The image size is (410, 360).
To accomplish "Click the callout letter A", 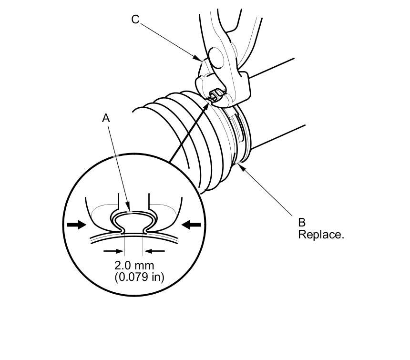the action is [x=106, y=118].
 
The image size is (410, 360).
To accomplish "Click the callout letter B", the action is [x=302, y=222].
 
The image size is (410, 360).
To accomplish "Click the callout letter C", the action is [x=135, y=20].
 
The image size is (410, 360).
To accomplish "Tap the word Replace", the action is [x=321, y=235].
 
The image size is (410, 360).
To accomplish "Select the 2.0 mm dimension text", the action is [x=134, y=265].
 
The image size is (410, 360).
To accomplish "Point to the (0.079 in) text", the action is [x=139, y=277].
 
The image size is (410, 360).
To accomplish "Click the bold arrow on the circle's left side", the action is [x=75, y=225].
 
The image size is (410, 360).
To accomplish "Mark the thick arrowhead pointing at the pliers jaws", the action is [x=208, y=102].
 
